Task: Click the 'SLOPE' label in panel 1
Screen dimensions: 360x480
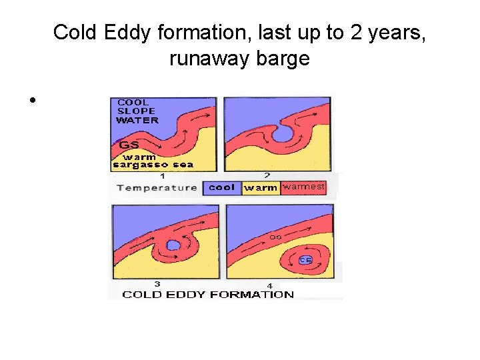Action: pos(136,111)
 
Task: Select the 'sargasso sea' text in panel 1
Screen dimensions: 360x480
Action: pos(154,165)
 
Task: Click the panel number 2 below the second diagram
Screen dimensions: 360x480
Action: pos(267,175)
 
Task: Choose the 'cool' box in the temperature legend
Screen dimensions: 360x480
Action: pos(221,187)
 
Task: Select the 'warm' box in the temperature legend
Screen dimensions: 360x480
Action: pos(261,188)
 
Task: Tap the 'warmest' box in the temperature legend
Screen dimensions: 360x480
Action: pos(304,187)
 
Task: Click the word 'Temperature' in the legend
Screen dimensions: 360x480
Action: pos(157,187)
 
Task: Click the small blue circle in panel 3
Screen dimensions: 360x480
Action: pos(173,245)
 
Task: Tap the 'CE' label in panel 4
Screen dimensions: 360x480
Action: pos(305,260)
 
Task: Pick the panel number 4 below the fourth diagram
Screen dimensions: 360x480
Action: pos(269,286)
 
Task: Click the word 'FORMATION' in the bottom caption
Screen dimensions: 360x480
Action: pos(253,295)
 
